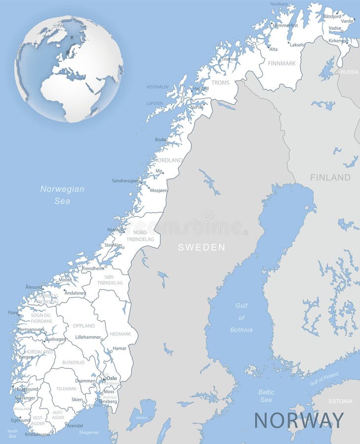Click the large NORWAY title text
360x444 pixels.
pos(299,420)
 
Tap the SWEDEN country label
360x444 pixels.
pos(201,247)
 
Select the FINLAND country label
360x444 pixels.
pos(330,178)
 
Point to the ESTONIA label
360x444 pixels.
pos(340,401)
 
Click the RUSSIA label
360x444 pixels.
pos(349,72)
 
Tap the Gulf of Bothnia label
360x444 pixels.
pos(241,317)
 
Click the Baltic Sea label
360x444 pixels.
pos(266,396)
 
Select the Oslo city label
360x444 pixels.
pos(112,378)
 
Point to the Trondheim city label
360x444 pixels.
pos(93,268)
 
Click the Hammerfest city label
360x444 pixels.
pos(285,25)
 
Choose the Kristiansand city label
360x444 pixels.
pos(37,434)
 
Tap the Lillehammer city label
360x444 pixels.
pos(88,337)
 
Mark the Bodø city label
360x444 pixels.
pos(160,140)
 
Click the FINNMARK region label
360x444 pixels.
pos(281,64)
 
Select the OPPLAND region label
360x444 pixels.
pos(83,326)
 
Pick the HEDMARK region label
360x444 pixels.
pos(120,334)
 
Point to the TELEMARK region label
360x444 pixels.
pos(66,389)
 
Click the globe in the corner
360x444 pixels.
pos(69,69)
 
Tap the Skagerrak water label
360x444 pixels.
pos(89,432)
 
